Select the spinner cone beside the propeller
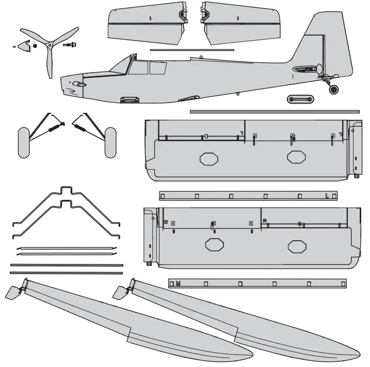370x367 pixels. [23, 46]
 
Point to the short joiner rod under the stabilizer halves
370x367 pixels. [191, 50]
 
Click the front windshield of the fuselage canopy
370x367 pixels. [122, 65]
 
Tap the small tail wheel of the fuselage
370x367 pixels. [334, 89]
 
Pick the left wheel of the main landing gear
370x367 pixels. [24, 142]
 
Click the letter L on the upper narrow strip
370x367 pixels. [327, 196]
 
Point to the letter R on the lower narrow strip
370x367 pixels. [178, 283]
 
